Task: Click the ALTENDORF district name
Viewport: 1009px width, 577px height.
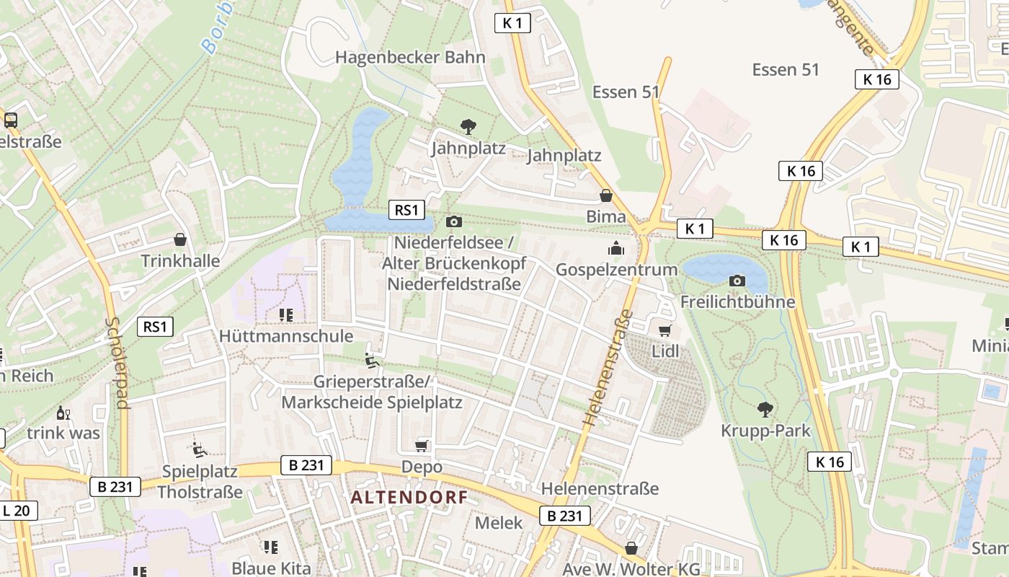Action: [x=409, y=497]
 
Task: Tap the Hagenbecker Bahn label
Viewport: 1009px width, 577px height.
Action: [x=410, y=57]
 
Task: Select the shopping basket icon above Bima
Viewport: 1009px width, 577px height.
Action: [x=606, y=195]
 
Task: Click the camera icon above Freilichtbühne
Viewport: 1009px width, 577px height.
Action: [x=737, y=281]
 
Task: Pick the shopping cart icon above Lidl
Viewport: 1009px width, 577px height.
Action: [x=664, y=330]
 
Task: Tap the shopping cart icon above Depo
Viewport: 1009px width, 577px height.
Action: [x=422, y=446]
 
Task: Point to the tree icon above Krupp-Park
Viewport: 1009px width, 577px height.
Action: [x=765, y=410]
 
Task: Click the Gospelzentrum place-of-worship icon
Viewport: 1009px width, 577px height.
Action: [x=615, y=249]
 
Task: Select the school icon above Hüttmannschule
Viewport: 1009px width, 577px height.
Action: [x=286, y=315]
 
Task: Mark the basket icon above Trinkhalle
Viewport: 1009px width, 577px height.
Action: [x=180, y=239]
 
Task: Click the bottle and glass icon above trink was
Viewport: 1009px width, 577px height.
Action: [x=63, y=413]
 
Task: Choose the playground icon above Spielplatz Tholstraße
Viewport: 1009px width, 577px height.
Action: [x=200, y=450]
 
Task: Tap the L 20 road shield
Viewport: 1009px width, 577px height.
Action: [x=16, y=511]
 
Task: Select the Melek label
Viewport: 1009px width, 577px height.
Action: [x=499, y=523]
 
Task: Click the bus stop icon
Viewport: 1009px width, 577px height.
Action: [x=11, y=120]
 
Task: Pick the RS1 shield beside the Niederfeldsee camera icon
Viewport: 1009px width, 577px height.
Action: [x=406, y=210]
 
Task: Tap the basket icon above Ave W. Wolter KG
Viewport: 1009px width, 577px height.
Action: [x=631, y=548]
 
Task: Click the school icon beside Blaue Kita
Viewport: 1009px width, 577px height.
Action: [x=271, y=547]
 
